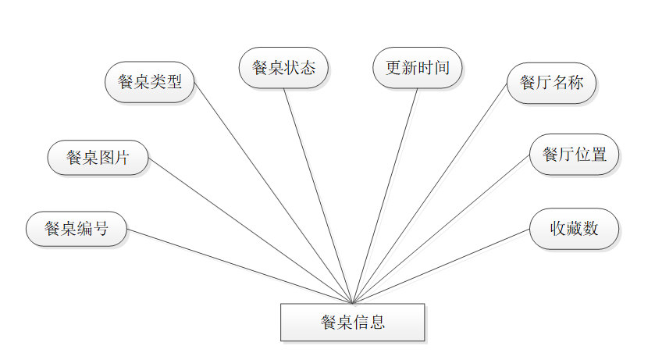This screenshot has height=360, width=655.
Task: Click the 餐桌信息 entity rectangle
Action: coord(352,322)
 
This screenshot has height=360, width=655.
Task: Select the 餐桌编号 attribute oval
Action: coord(77,229)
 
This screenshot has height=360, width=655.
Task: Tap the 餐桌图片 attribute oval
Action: coord(98,157)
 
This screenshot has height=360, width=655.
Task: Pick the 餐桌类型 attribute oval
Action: coord(149,82)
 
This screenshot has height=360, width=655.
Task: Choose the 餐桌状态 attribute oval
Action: coord(283,67)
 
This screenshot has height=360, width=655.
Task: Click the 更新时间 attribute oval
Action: coord(418,66)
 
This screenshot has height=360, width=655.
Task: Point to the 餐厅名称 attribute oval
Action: coord(551,83)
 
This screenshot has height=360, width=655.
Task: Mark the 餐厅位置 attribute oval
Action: coord(574,154)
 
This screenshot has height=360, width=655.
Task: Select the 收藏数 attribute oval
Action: coord(574,229)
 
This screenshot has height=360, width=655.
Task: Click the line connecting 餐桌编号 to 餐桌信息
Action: coord(240,266)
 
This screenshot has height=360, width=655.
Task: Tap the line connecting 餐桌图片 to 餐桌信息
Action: coord(250,230)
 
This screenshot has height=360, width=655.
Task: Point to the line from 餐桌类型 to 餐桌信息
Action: coord(273,192)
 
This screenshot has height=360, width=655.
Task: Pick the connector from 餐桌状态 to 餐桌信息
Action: coord(318,194)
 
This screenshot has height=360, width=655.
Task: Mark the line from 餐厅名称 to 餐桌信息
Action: coord(429,194)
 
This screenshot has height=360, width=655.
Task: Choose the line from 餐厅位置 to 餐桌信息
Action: coord(441,228)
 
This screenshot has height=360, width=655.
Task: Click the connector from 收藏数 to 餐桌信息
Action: coord(441,266)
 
